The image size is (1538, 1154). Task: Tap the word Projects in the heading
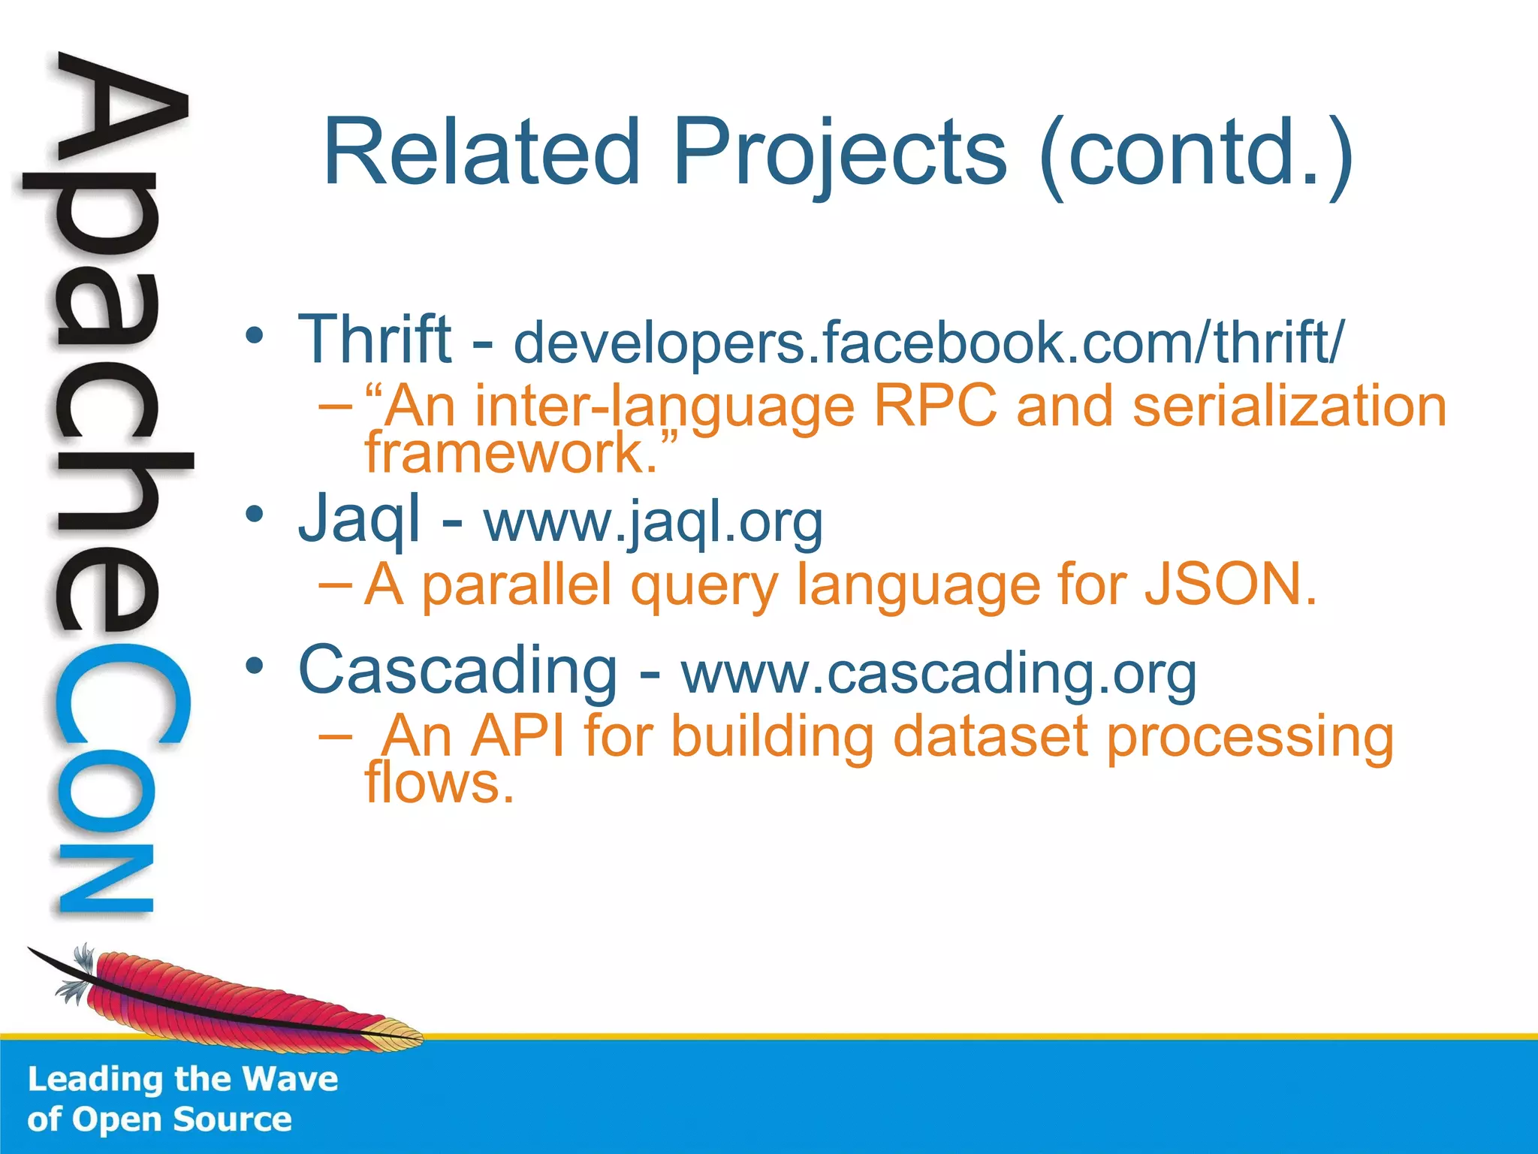click(x=839, y=154)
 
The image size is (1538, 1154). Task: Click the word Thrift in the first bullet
click(x=375, y=340)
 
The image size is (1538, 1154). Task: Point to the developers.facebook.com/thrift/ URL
click(x=928, y=342)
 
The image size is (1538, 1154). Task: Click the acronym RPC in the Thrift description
click(x=935, y=406)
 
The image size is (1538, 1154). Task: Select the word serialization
click(x=1289, y=406)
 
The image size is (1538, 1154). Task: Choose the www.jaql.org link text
click(x=653, y=521)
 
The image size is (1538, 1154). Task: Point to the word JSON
click(x=1229, y=585)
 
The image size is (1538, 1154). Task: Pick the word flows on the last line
click(x=439, y=783)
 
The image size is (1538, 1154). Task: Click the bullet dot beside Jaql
click(x=255, y=515)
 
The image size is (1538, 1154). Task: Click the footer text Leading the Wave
click(x=182, y=1079)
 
